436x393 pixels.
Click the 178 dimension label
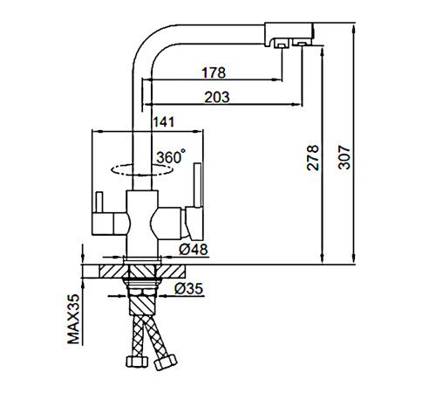[214, 72]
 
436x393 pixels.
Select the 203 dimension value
[217, 97]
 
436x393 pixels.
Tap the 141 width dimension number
[164, 122]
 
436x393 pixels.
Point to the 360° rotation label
[171, 156]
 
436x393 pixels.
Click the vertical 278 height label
[313, 157]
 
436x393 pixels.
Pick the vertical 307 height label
[344, 157]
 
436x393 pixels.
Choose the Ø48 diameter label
[194, 249]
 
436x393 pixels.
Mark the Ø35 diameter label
[188, 288]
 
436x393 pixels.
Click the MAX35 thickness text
[73, 319]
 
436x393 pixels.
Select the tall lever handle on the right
[198, 185]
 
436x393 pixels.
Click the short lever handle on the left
[99, 203]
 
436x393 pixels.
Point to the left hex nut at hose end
[137, 362]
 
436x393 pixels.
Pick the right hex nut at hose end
[166, 362]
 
